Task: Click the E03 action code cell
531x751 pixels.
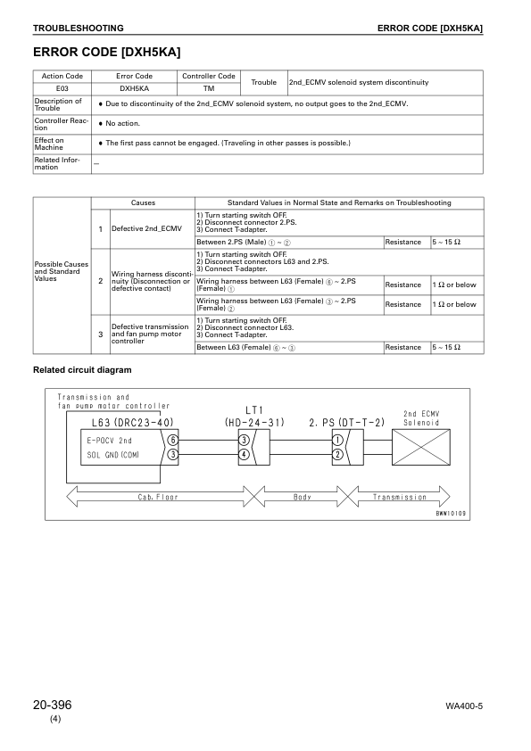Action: (x=62, y=89)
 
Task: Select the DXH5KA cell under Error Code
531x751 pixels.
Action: (x=135, y=89)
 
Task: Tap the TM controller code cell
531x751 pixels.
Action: (x=209, y=89)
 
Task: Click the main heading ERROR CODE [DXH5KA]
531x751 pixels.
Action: (x=112, y=53)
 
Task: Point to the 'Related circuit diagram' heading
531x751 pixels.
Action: (x=82, y=369)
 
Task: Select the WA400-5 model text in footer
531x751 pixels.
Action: (x=464, y=706)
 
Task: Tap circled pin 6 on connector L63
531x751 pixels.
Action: (x=172, y=440)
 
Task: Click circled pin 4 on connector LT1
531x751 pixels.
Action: (x=244, y=454)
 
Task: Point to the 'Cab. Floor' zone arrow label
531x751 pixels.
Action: (x=157, y=496)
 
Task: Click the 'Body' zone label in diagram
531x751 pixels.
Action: (x=303, y=496)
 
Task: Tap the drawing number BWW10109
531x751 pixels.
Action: (x=452, y=513)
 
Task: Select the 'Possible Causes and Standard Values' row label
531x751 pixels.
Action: (x=62, y=271)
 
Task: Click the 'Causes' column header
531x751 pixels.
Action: (x=143, y=202)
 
